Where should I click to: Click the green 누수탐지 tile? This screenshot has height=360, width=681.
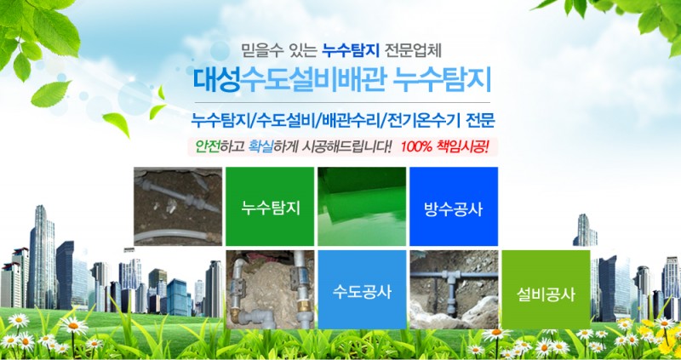coord(269,206)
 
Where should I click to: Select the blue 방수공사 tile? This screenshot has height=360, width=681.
coord(454,206)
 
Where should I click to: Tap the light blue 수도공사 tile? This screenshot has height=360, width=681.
coord(362,289)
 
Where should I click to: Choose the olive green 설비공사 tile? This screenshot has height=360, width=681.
coord(546,289)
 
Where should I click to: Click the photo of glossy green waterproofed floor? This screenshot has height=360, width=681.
coord(362,206)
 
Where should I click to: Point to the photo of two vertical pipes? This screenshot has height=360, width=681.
coord(269,289)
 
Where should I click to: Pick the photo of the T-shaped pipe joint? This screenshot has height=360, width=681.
coord(454,289)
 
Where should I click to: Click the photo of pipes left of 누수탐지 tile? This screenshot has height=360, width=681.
coord(178,206)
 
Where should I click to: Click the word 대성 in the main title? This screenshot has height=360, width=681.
coord(216,80)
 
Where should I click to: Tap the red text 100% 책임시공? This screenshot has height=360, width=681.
coord(444,146)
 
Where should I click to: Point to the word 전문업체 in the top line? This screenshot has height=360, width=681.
coord(413,51)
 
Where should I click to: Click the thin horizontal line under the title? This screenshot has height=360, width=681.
coord(342,102)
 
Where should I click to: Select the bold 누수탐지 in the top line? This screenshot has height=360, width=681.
coord(351,51)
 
